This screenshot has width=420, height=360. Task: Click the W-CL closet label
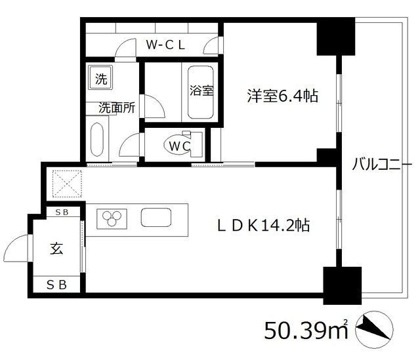click(167, 45)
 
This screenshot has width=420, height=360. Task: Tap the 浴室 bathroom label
click(202, 91)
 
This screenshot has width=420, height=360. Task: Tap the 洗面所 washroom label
click(117, 108)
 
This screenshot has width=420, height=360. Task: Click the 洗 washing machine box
click(101, 80)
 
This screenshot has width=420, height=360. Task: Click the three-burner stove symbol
click(112, 218)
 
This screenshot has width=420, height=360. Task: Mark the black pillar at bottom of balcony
click(342, 284)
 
